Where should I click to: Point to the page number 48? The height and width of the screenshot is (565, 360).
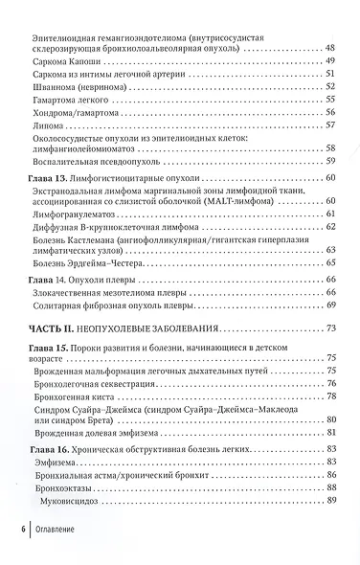330,48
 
